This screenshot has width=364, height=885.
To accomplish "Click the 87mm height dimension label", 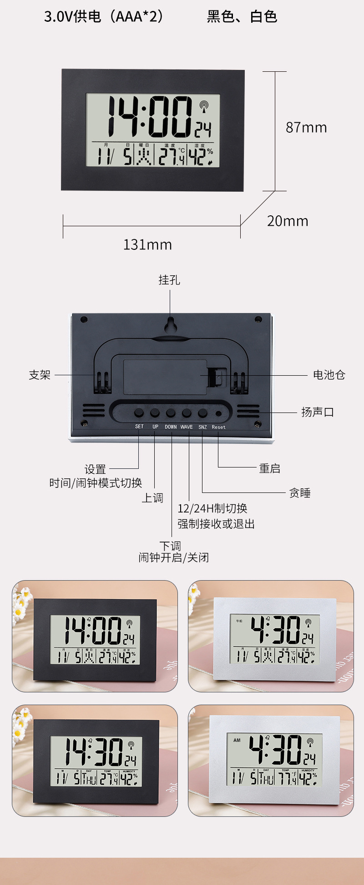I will click(x=306, y=128).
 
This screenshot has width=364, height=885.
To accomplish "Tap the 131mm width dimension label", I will click(x=147, y=245).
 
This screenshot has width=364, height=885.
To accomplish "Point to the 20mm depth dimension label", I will click(x=288, y=221).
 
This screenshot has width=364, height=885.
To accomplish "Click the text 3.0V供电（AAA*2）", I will click(x=104, y=17).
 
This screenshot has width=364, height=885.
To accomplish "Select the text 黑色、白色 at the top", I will click(x=242, y=17).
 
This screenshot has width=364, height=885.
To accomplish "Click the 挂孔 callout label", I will click(x=169, y=280).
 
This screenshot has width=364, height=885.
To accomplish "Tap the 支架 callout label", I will click(x=40, y=375).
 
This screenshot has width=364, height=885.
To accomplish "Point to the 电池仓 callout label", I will click(x=329, y=375).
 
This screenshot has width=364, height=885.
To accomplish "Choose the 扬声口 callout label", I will click(x=318, y=412).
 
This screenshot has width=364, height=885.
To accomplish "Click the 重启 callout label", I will click(x=269, y=468).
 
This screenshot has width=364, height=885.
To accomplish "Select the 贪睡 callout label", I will click(x=300, y=493).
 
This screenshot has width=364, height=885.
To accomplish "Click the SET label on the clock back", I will click(x=139, y=427).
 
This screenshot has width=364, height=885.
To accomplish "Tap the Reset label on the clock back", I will click(x=218, y=427).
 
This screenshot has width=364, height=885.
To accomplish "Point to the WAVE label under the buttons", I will click(x=187, y=427).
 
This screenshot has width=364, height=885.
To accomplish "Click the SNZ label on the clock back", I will click(x=202, y=427).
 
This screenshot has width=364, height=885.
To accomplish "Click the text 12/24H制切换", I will click(x=212, y=508).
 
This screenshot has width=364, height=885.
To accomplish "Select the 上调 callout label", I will click(x=152, y=498).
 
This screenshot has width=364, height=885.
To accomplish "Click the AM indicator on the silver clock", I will click(x=237, y=741).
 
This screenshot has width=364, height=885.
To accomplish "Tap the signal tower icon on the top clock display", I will click(x=204, y=106).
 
